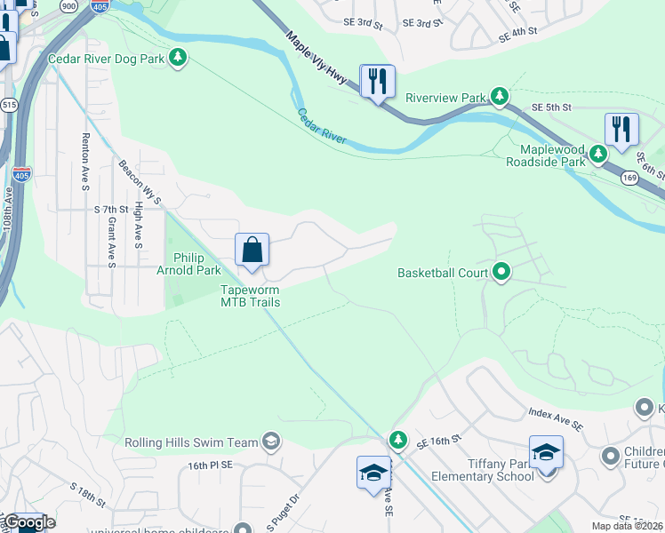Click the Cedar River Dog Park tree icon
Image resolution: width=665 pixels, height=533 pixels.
coord(179,58)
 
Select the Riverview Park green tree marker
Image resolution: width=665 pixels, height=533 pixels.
coord(501,96)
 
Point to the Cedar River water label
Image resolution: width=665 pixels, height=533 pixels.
coord(321,125)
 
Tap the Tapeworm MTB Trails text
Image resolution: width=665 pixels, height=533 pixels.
coord(251,296)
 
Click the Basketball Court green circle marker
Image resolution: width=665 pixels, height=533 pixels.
coord(501,272)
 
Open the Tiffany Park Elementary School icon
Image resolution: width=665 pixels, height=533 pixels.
coord(546,452)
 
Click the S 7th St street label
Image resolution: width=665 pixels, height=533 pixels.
coord(111,209)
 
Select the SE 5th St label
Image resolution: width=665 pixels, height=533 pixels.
coord(549,107)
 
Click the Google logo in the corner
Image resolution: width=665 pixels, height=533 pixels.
coord(28,522)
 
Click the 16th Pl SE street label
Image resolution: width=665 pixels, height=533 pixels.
coord(209,465)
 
